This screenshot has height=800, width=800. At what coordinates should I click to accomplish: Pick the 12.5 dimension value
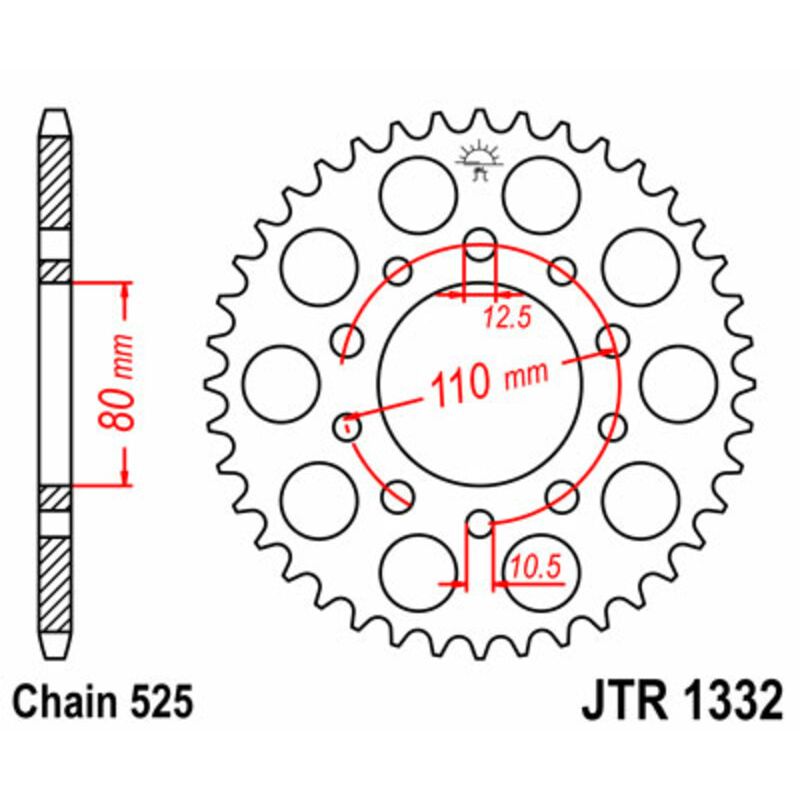[506, 319]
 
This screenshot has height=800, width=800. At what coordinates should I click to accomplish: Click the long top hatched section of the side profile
[55, 182]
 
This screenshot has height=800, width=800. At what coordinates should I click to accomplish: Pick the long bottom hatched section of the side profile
[55, 585]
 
